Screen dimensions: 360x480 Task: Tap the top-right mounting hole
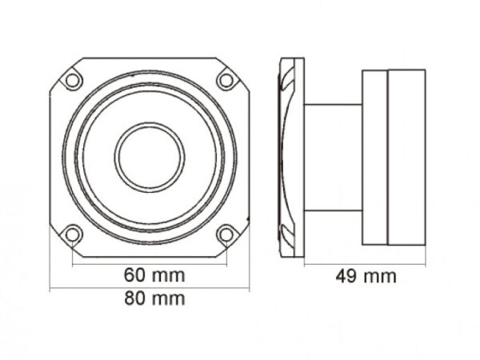point(226,80)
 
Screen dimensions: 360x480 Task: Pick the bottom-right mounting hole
point(226,234)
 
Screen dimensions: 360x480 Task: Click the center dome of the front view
point(150,157)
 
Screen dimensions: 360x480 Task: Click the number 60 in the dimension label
point(135,275)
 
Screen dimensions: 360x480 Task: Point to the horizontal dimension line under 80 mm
point(150,287)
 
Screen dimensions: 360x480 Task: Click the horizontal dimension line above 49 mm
point(352,263)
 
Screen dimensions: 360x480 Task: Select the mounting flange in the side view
point(293,157)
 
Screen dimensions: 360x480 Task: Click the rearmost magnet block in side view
point(406,157)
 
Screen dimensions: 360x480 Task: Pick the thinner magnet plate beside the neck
point(374,157)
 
